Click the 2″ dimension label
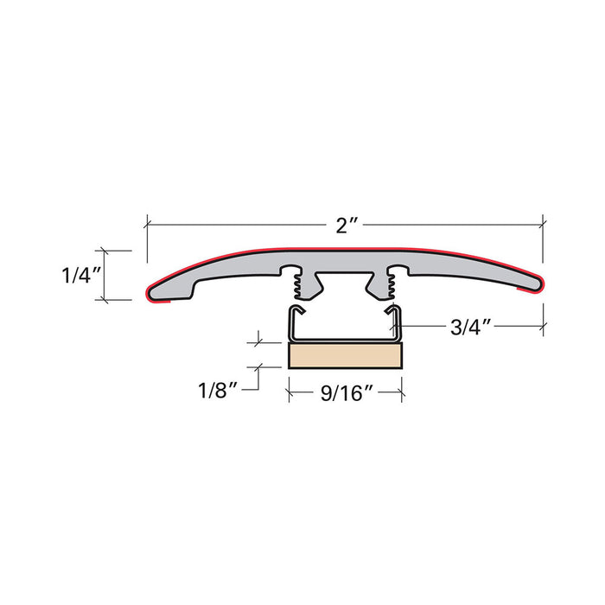(347, 226)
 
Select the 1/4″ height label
(82, 276)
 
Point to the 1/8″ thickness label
(217, 389)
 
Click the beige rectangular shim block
(345, 354)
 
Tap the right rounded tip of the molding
(537, 283)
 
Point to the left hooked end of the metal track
(296, 312)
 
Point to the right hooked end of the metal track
(394, 312)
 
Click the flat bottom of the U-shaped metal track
(345, 339)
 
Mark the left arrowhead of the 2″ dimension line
(150, 224)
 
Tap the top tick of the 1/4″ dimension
(106, 252)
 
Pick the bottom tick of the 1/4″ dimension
(106, 300)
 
